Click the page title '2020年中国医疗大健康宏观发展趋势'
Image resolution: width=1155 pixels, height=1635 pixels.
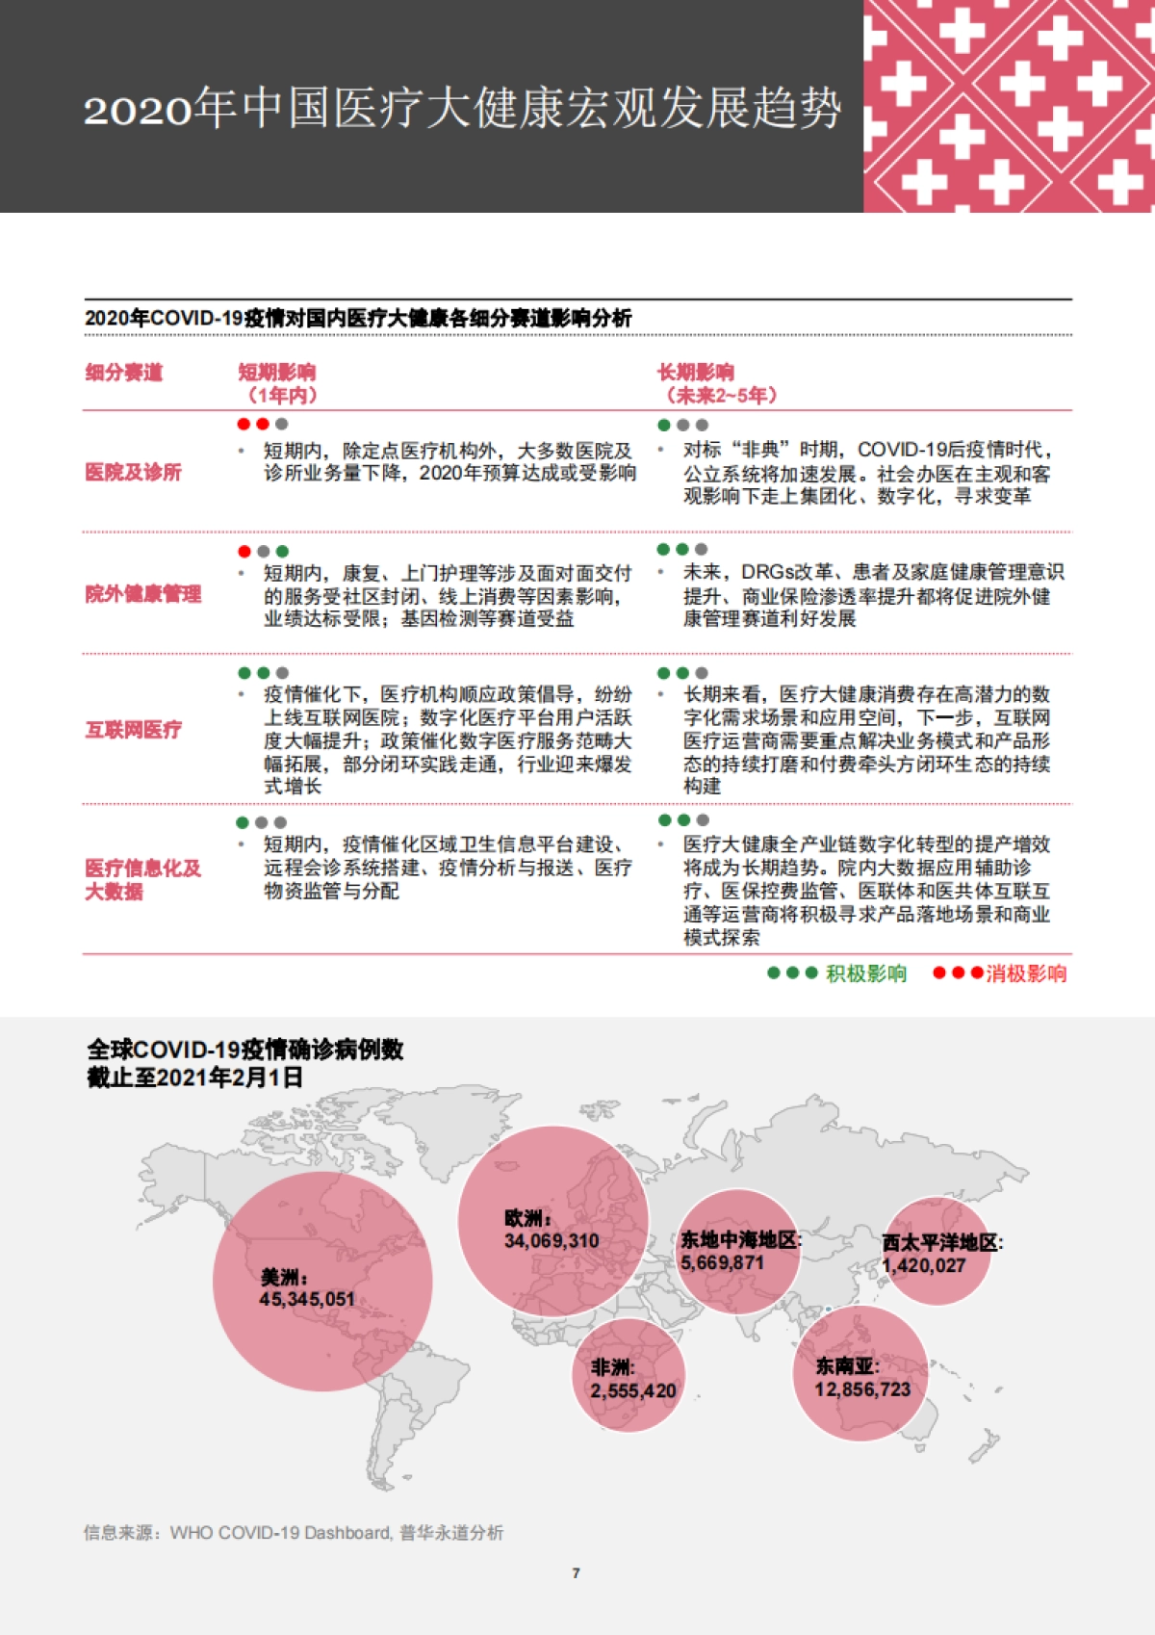point(462,108)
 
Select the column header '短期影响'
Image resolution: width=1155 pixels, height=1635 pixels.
point(276,373)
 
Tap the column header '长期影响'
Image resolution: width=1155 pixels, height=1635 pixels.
point(695,373)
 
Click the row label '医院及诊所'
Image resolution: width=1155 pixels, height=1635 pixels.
point(133,472)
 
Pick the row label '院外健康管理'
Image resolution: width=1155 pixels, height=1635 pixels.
point(142,594)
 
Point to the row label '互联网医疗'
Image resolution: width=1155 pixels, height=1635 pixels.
point(133,730)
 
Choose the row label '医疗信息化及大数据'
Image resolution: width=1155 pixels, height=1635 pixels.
point(142,880)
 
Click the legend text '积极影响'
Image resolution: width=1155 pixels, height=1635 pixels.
point(866,973)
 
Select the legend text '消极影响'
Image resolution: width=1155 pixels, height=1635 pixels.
point(1026,973)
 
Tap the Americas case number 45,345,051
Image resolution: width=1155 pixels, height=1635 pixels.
point(307,1300)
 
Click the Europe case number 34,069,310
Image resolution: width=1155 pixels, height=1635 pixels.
point(552,1241)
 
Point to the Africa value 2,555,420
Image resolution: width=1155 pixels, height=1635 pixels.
point(633,1391)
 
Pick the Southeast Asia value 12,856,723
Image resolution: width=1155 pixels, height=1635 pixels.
point(862,1389)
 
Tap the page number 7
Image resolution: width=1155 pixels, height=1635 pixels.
point(576,1573)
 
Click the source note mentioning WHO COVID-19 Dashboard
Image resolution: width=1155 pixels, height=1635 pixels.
point(294,1533)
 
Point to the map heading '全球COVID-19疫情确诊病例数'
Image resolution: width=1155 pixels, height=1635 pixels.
point(245,1050)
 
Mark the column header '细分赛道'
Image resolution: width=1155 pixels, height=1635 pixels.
point(124,373)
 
